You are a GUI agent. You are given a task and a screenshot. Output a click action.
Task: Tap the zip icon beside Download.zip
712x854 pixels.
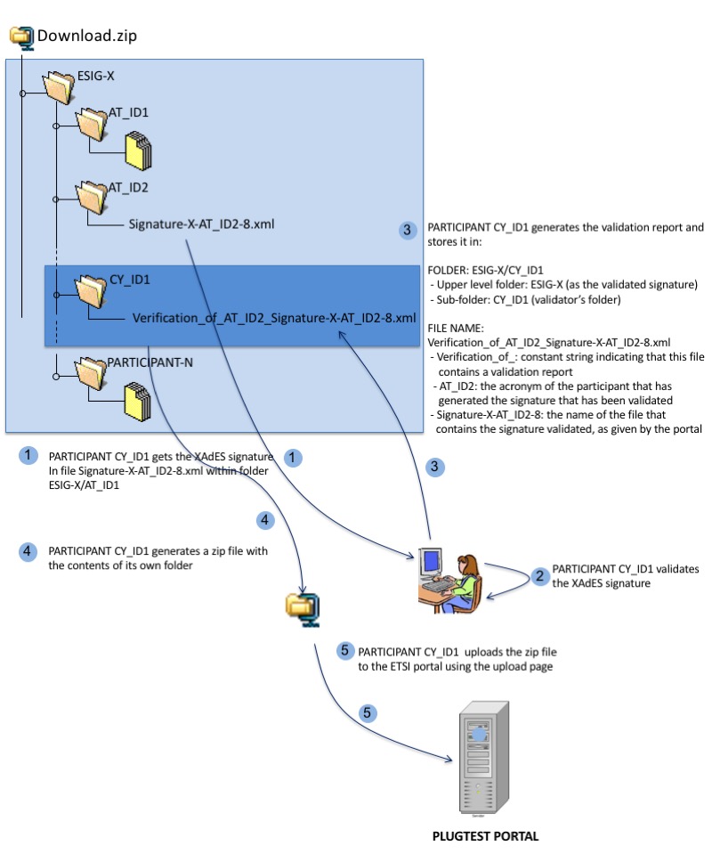pyautogui.click(x=21, y=36)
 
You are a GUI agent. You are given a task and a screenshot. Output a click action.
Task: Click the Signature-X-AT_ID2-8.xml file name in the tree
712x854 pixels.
pyautogui.click(x=200, y=224)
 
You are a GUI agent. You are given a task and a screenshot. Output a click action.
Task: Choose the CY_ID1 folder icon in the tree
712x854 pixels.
pyautogui.click(x=92, y=289)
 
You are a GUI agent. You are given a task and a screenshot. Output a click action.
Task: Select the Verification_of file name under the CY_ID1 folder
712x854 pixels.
pyautogui.click(x=274, y=317)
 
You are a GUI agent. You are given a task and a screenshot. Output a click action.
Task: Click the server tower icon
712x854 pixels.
pyautogui.click(x=481, y=752)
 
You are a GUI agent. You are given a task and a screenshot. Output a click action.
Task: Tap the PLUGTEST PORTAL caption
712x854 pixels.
pyautogui.click(x=485, y=836)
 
